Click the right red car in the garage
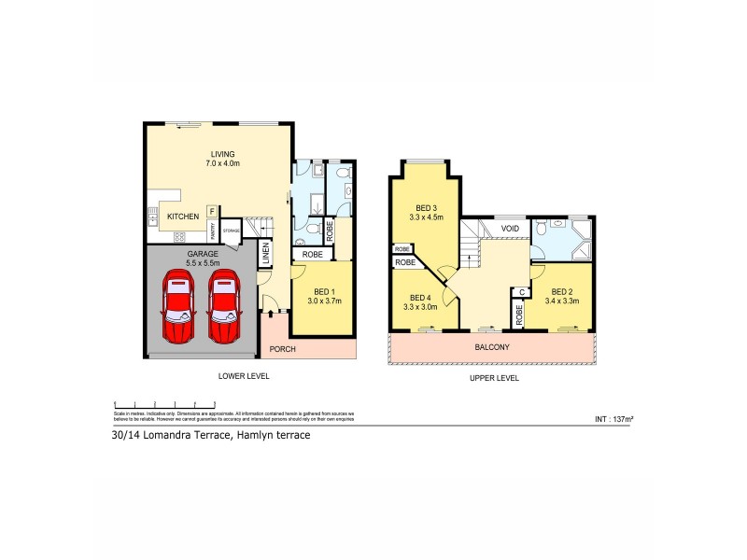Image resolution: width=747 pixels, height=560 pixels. pos(224,308)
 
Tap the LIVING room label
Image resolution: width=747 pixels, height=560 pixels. pos(221,154)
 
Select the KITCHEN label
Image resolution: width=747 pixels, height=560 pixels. pos(182,217)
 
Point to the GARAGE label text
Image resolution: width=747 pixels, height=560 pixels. pos(202,253)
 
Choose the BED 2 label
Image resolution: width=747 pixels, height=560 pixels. pos(562,290)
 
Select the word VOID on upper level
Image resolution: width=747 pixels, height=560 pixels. pos(510,228)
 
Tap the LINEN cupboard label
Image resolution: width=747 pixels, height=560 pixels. pos(266,254)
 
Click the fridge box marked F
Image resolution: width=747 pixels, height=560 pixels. pos(212,211)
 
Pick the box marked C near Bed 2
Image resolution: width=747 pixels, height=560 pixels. pos(522,292)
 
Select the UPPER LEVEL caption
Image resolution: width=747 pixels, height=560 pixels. pos(495,378)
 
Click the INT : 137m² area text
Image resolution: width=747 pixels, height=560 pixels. pos(613,419)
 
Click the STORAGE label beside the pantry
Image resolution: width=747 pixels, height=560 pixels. pos(231,230)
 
